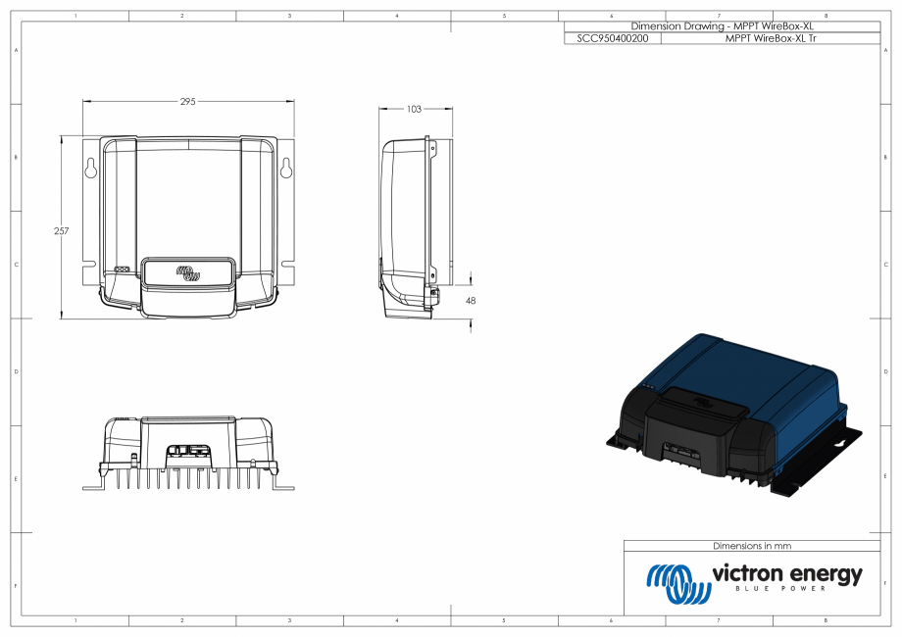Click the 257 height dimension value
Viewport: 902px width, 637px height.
coord(61,231)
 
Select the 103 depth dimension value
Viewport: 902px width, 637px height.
coord(414,109)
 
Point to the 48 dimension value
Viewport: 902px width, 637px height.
coord(471,301)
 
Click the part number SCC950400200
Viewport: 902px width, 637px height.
coord(613,37)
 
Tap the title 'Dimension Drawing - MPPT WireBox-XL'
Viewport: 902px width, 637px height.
coord(723,26)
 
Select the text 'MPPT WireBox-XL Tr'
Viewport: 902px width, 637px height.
coord(772,37)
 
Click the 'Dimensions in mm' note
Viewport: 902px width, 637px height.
coord(752,546)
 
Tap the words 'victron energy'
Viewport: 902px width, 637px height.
coord(787,573)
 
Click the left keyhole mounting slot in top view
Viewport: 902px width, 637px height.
coord(90,168)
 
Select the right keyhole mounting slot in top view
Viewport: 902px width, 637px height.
coord(286,168)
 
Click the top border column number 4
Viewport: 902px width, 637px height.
coord(397,17)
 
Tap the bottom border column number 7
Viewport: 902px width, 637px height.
coord(719,621)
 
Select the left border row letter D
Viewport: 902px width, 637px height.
coord(17,372)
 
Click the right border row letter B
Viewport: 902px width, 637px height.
coord(885,157)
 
